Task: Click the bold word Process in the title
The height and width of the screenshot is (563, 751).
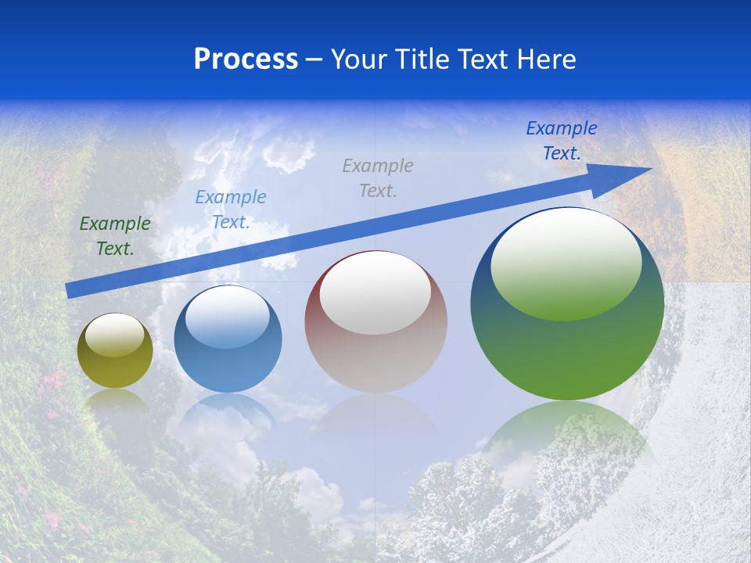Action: click(x=246, y=59)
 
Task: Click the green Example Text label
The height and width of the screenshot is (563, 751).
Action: click(x=115, y=236)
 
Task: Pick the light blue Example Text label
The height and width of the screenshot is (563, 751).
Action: click(x=231, y=210)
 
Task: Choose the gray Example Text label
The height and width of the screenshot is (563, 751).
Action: click(x=378, y=178)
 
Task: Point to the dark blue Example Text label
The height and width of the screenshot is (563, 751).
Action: click(x=562, y=141)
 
